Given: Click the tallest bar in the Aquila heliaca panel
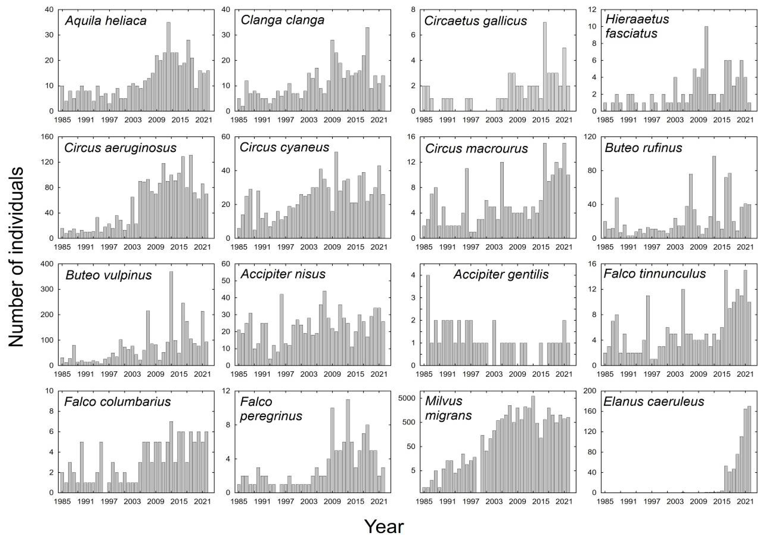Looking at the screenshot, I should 168,66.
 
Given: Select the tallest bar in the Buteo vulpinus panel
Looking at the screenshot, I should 171,319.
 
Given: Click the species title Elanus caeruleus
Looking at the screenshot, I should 654,402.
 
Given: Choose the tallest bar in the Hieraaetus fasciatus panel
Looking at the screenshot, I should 706,69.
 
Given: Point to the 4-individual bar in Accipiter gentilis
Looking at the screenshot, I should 428,320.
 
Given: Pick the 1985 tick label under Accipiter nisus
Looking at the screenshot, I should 239,374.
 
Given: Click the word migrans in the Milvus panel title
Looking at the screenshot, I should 448,416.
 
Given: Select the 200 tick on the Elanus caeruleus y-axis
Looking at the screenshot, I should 590,391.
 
